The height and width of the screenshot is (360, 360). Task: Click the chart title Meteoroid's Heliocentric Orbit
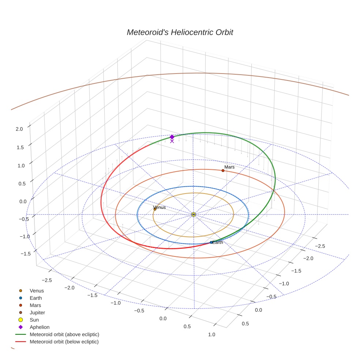[x=180, y=33]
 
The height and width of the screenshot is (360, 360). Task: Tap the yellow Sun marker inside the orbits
[x=194, y=214]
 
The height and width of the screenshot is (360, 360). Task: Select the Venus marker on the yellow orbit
[x=155, y=209]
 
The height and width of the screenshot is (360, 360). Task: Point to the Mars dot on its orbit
[x=223, y=170]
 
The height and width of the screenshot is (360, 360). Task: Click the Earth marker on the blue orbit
[x=211, y=243]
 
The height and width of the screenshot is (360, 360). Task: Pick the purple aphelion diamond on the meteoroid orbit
[x=172, y=137]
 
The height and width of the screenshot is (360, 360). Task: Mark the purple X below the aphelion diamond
[x=172, y=141]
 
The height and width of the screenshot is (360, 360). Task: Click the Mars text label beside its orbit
[x=229, y=167]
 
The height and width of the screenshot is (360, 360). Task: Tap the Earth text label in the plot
[x=218, y=242]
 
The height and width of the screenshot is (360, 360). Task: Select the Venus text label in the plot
[x=160, y=207]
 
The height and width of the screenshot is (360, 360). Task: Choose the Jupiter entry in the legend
[x=37, y=312]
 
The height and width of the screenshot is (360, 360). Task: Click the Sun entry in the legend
[x=34, y=320]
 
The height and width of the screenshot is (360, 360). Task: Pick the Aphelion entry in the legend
[x=40, y=327]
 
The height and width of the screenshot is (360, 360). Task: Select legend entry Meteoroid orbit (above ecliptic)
[x=64, y=334]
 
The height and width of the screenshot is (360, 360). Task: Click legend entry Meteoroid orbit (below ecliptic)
[x=64, y=342]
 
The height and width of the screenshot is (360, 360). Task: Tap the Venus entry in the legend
[x=37, y=290]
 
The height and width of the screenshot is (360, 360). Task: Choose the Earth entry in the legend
[x=35, y=298]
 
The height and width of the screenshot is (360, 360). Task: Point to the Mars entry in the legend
[x=35, y=305]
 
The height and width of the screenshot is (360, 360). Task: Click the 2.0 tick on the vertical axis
[x=19, y=129]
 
